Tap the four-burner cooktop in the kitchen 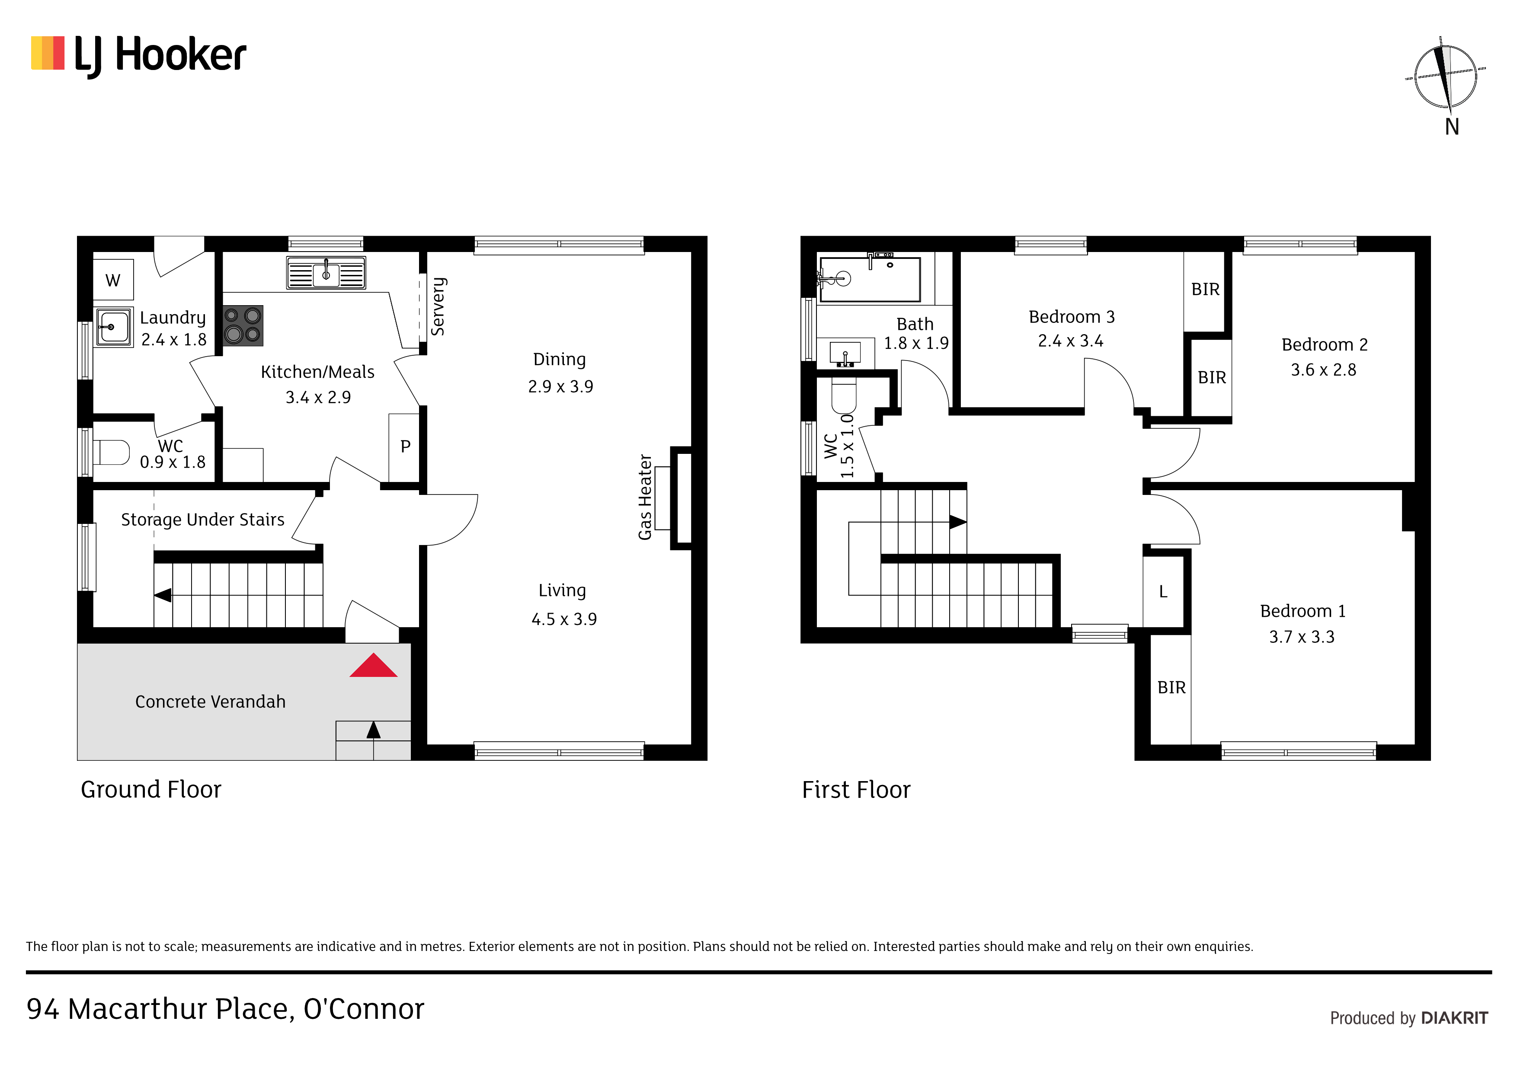(x=243, y=325)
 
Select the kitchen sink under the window (x=326, y=273)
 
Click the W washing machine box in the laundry (x=113, y=280)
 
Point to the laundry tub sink (x=114, y=327)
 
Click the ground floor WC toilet (x=112, y=453)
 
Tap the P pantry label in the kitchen (x=406, y=447)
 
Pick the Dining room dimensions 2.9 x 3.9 (x=560, y=386)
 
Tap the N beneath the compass (x=1452, y=127)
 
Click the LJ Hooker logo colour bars (x=48, y=53)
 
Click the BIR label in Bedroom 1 (x=1171, y=688)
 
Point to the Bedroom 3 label (x=1072, y=317)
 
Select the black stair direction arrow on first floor (x=958, y=522)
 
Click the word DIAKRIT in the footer (x=1454, y=1018)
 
